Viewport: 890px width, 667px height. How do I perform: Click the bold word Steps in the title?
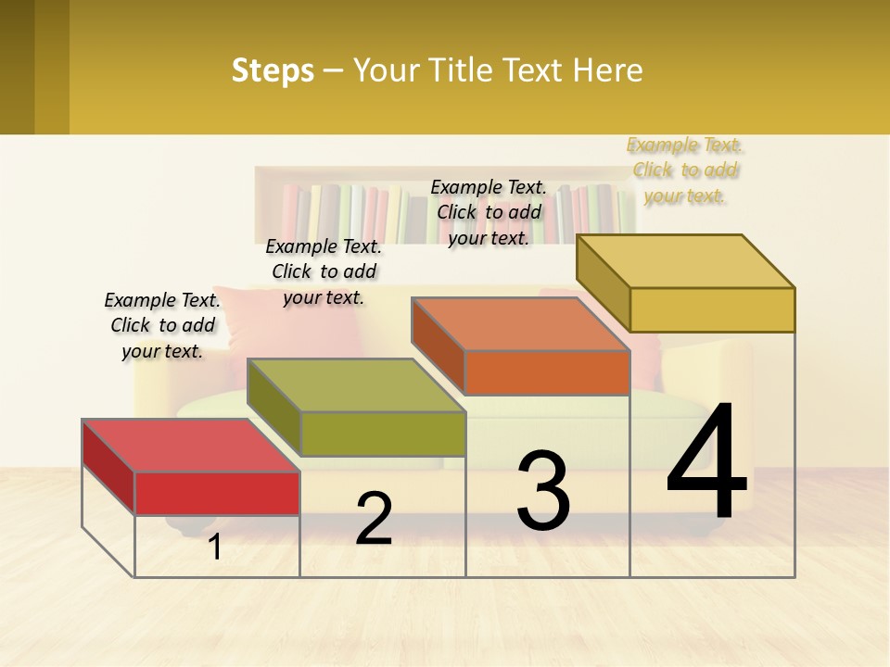tap(273, 70)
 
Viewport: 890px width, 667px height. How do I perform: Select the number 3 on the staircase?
tap(542, 491)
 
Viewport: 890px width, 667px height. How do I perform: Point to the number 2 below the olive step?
tap(374, 519)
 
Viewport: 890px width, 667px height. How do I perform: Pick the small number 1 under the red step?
tap(215, 547)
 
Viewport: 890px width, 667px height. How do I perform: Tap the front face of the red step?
tap(217, 493)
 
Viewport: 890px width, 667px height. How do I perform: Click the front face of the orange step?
tap(547, 372)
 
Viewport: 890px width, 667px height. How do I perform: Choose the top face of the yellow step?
tap(686, 260)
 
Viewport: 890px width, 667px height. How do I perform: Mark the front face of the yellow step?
tap(712, 309)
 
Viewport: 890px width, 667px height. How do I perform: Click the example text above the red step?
tap(162, 325)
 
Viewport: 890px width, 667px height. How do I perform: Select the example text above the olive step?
tap(324, 271)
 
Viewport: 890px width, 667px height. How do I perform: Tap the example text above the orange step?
tap(489, 212)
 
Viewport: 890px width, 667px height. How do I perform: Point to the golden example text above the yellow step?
tap(686, 170)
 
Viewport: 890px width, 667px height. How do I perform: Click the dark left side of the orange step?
tap(438, 345)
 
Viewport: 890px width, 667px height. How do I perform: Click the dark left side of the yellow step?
tap(603, 283)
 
